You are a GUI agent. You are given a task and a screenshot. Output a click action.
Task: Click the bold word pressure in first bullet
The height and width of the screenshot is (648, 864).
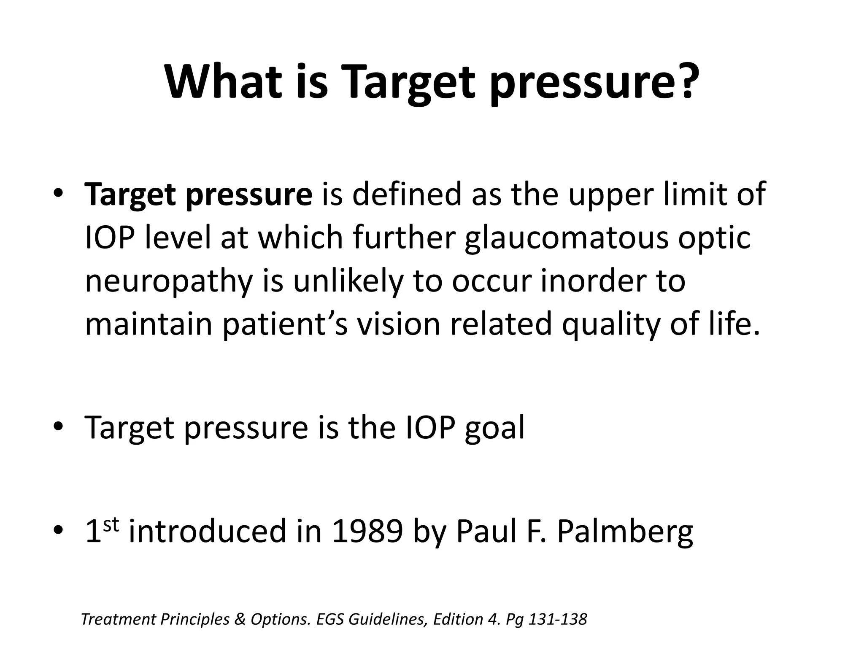tap(248, 195)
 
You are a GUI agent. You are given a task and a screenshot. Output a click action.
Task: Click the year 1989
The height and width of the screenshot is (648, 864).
tap(367, 531)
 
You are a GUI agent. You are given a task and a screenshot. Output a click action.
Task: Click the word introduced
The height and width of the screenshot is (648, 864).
tap(207, 531)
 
